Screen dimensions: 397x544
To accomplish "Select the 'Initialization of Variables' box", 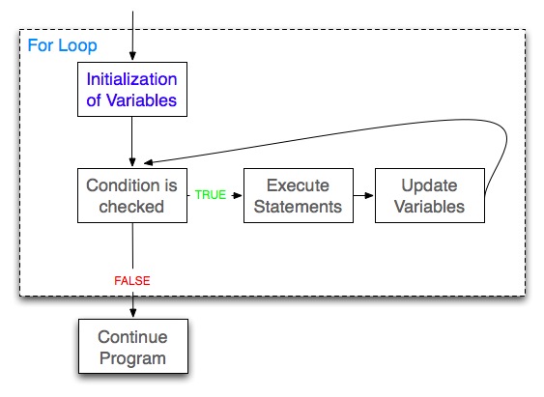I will [131, 88].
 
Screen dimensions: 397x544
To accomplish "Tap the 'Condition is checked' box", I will [131, 195].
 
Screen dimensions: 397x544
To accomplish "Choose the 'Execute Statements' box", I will [298, 195].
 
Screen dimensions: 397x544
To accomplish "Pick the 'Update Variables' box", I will [429, 195].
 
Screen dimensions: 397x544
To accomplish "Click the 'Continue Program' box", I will [131, 349].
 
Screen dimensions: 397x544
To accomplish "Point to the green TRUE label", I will [210, 195].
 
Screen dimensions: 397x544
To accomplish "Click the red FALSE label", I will [132, 280].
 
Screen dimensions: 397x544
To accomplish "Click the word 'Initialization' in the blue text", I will [131, 78].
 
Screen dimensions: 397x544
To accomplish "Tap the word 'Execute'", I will [298, 185].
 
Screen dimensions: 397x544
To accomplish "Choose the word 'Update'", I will [429, 185].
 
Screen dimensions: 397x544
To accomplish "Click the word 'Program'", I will [131, 359].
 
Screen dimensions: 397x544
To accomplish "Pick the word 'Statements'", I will [298, 206].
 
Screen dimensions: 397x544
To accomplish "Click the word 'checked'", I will [131, 206].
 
